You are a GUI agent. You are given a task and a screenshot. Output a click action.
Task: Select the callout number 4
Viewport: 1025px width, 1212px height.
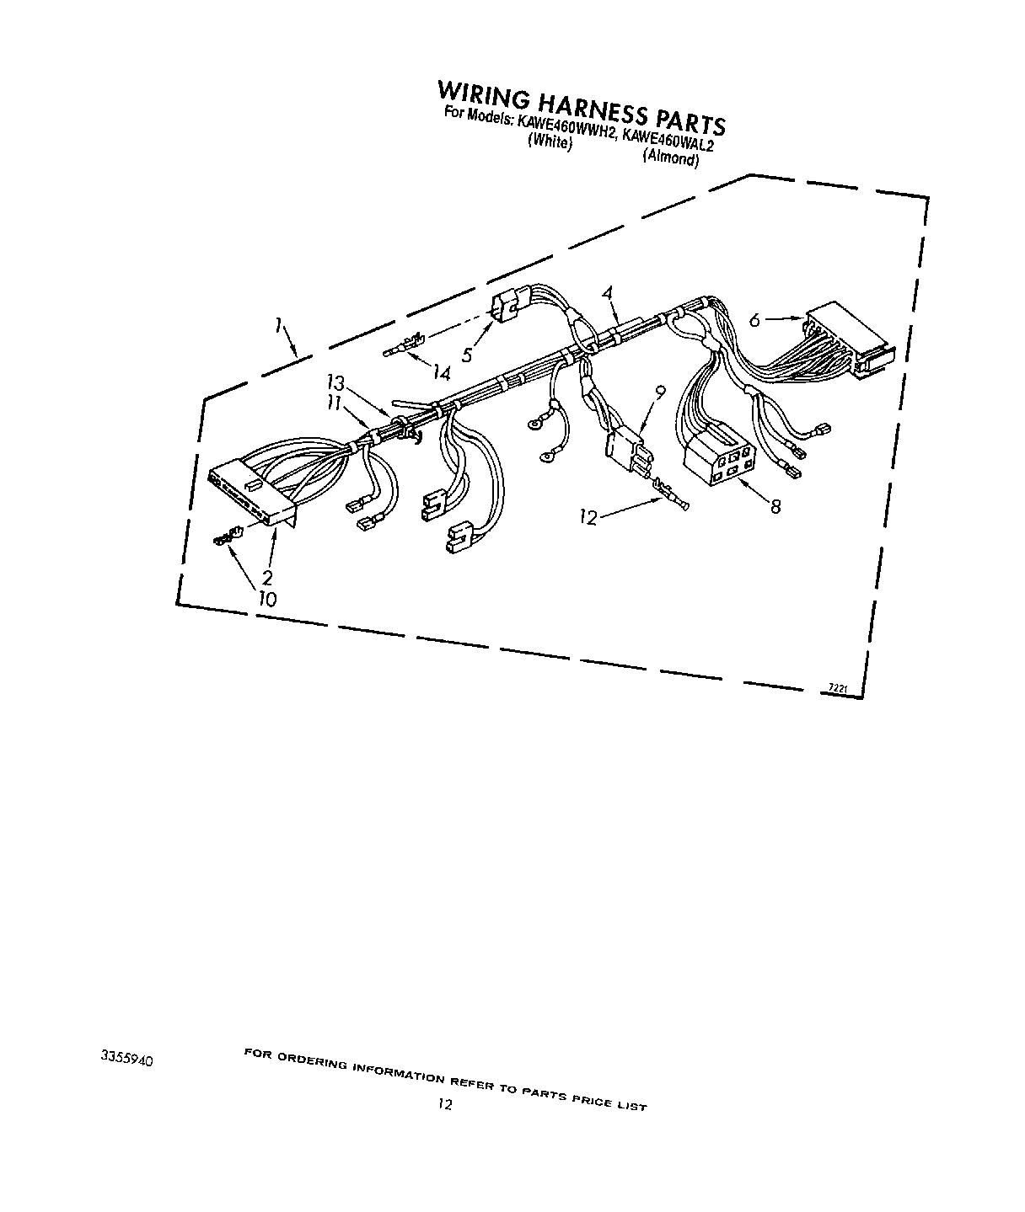[608, 294]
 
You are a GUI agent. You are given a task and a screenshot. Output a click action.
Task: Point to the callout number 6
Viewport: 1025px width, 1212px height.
[755, 320]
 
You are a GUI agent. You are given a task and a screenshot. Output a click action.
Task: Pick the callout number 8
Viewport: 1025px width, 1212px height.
[775, 506]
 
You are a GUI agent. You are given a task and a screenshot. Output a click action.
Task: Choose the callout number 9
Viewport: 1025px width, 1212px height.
[660, 392]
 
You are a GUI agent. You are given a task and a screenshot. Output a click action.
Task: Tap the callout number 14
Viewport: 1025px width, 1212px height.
[441, 373]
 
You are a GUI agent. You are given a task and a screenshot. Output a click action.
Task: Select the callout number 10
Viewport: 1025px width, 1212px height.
[267, 599]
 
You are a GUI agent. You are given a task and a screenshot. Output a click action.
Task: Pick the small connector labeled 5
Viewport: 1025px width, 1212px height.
[509, 306]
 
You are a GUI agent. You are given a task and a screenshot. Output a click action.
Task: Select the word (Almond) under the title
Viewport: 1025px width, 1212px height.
[671, 158]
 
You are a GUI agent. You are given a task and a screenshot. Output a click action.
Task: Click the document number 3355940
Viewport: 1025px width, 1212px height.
[126, 1058]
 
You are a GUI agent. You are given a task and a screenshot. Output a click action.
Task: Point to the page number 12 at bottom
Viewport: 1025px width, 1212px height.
[445, 1104]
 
